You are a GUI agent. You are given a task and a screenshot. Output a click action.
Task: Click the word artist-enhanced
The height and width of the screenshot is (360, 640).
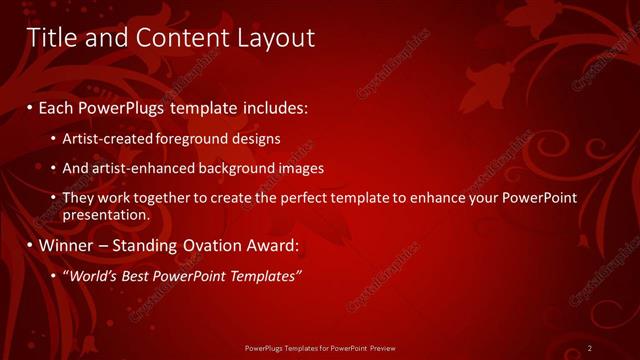tap(130, 168)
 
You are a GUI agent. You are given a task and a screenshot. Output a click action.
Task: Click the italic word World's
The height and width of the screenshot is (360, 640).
tap(93, 276)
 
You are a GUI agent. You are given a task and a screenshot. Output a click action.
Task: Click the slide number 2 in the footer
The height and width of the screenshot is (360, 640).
tap(590, 348)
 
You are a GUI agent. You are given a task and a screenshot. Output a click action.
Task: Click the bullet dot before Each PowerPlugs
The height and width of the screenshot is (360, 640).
tap(29, 106)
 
